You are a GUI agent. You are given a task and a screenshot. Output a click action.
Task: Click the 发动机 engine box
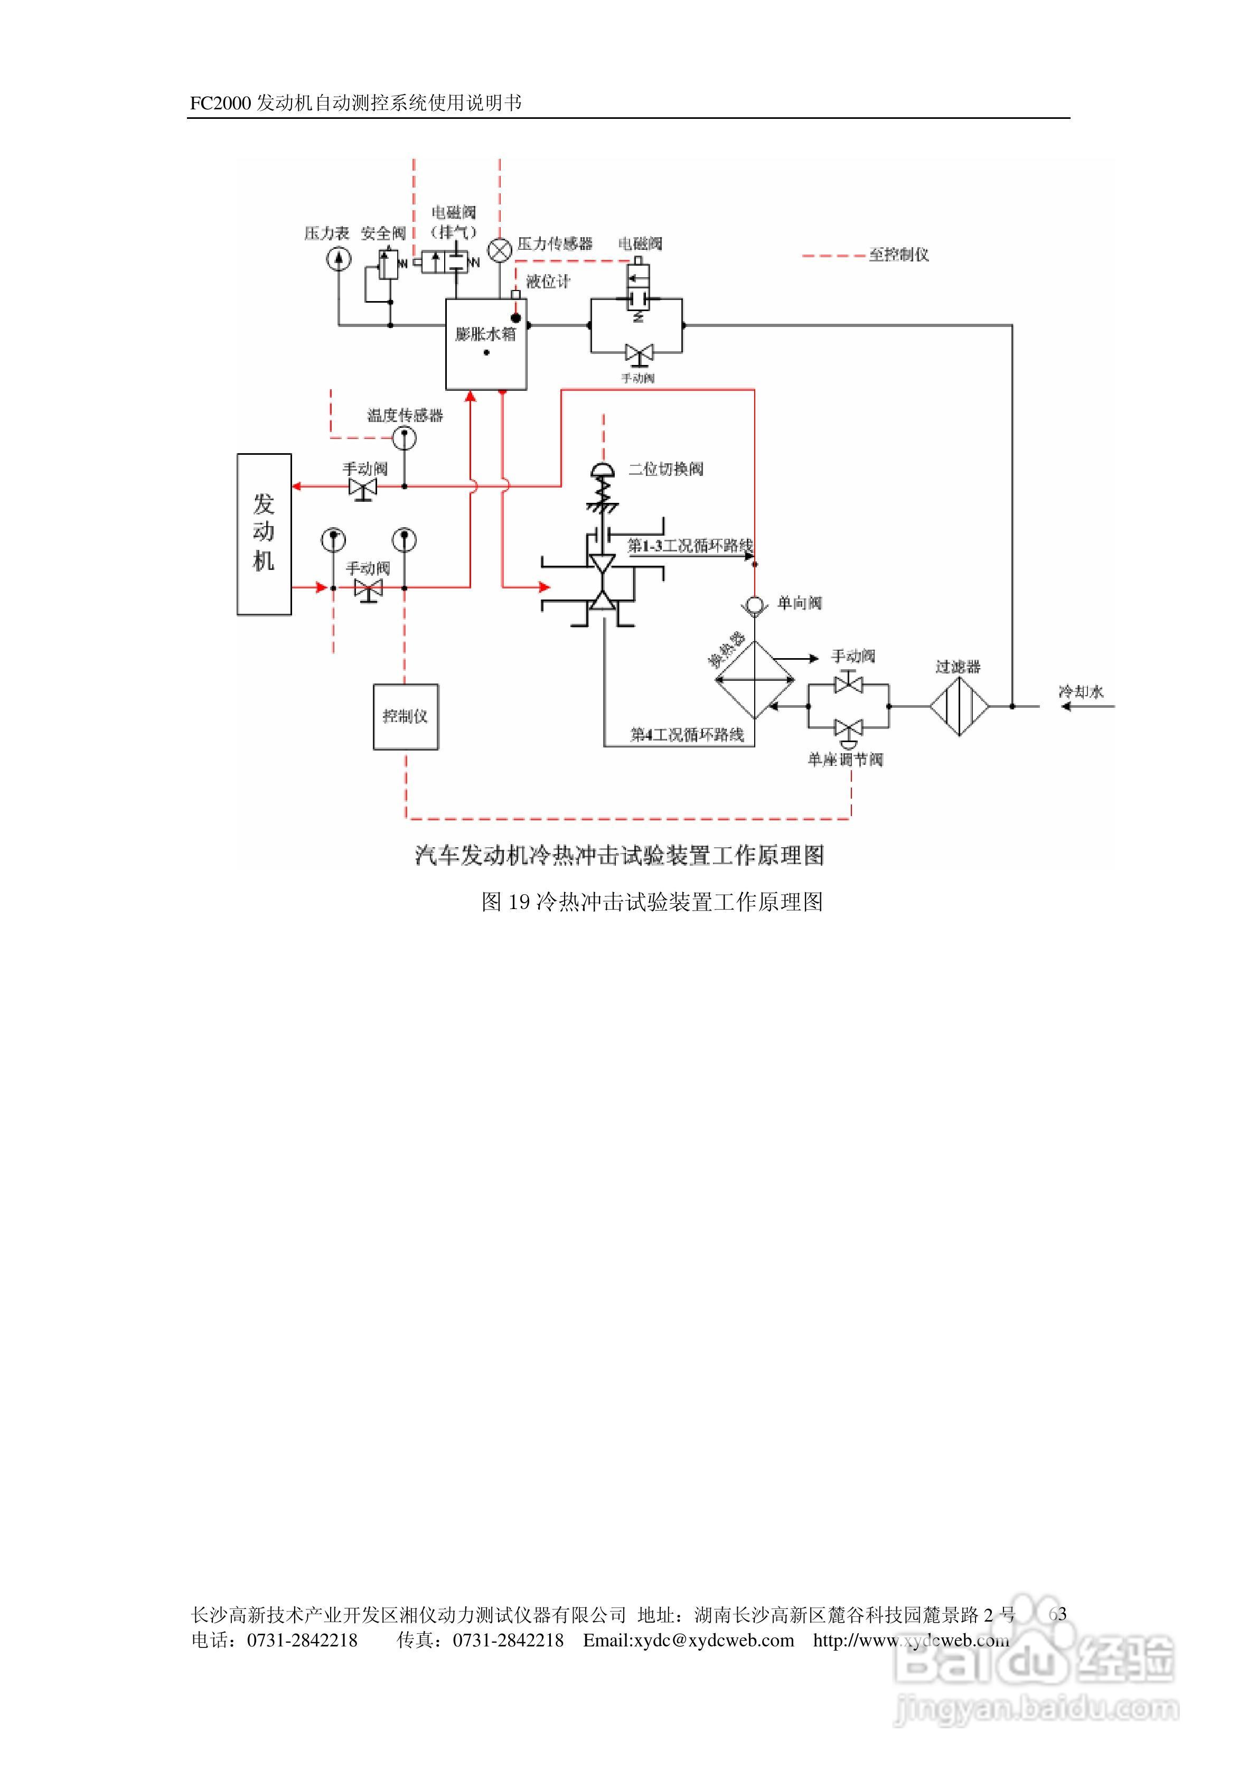pyautogui.click(x=264, y=534)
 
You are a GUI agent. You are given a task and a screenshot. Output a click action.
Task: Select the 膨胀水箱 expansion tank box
pyautogui.click(x=486, y=344)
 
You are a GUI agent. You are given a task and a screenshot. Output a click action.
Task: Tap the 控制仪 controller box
pyautogui.click(x=405, y=717)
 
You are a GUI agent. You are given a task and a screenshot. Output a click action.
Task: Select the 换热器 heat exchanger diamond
pyautogui.click(x=754, y=680)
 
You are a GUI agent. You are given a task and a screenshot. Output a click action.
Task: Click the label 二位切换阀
pyautogui.click(x=665, y=469)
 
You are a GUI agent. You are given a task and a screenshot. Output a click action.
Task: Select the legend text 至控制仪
pyautogui.click(x=898, y=255)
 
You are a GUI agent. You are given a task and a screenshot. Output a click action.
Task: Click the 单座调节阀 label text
pyautogui.click(x=845, y=760)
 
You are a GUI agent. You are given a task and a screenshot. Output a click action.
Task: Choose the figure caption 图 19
pyautogui.click(x=652, y=902)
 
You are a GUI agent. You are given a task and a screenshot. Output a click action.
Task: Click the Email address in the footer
pyautogui.click(x=688, y=1640)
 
